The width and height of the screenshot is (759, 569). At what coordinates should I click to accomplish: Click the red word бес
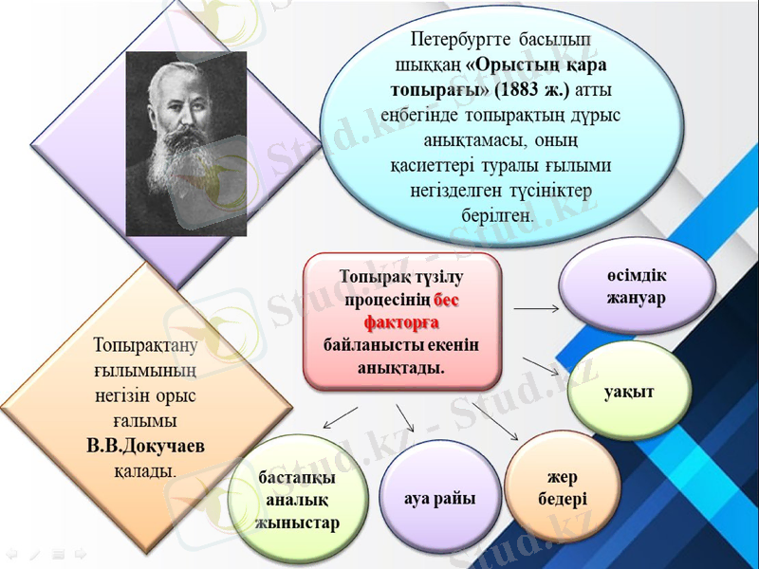coord(447,300)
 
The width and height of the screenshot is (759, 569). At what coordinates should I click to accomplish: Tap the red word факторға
coord(402,321)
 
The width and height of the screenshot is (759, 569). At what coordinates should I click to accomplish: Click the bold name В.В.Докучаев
coord(144,446)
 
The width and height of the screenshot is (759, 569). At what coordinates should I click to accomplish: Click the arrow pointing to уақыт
coord(540,365)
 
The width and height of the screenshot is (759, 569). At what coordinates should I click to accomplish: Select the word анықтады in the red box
coord(401,367)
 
